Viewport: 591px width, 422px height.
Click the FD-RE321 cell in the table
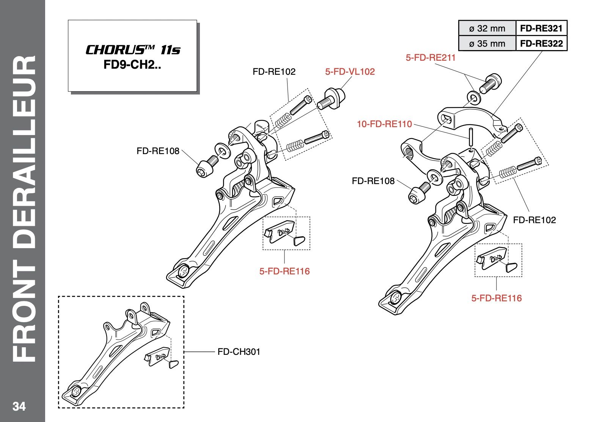click(x=541, y=28)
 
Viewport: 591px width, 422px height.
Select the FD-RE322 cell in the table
click(x=541, y=43)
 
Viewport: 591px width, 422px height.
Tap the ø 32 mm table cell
click(x=487, y=28)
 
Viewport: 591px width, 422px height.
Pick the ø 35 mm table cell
click(x=487, y=43)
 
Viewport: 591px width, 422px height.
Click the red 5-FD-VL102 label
click(x=350, y=71)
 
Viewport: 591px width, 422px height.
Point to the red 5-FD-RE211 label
click(x=431, y=58)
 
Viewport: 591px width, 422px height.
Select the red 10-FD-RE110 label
click(x=384, y=124)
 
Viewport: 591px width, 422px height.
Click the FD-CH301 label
click(x=239, y=352)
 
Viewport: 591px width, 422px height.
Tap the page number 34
click(x=19, y=406)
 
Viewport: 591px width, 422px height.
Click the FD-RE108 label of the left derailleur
click(x=158, y=151)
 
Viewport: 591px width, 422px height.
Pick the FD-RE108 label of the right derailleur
click(x=373, y=181)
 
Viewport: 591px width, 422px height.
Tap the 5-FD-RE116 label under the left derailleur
click(x=284, y=271)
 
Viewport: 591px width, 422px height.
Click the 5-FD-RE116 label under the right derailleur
click(x=497, y=298)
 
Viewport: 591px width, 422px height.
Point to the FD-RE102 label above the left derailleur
click(x=274, y=71)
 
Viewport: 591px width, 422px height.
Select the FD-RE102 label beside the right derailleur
click(x=534, y=220)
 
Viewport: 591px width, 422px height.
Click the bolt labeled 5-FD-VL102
click(x=330, y=98)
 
